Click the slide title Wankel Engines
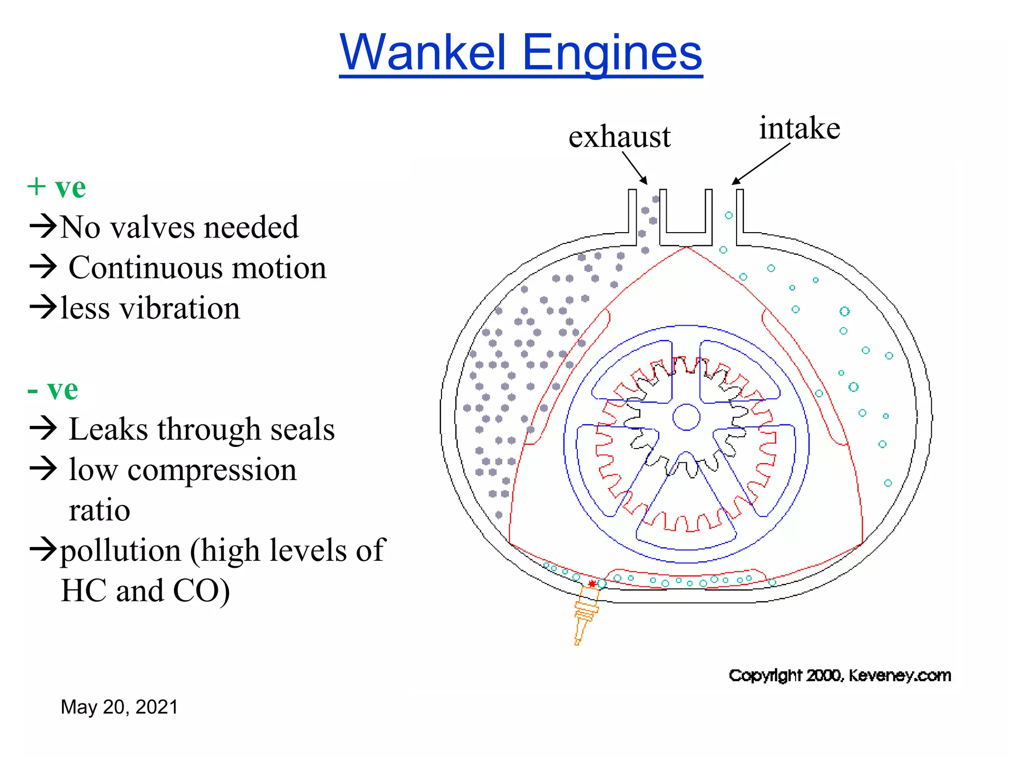[521, 52]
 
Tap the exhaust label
[619, 137]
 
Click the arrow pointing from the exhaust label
[635, 168]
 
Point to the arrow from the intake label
[761, 164]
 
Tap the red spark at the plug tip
[592, 584]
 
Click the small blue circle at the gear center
[686, 417]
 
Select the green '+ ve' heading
[57, 187]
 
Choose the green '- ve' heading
[53, 390]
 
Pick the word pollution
[121, 551]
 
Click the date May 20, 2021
[119, 707]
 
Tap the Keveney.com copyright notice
[840, 675]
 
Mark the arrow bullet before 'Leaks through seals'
[43, 428]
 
